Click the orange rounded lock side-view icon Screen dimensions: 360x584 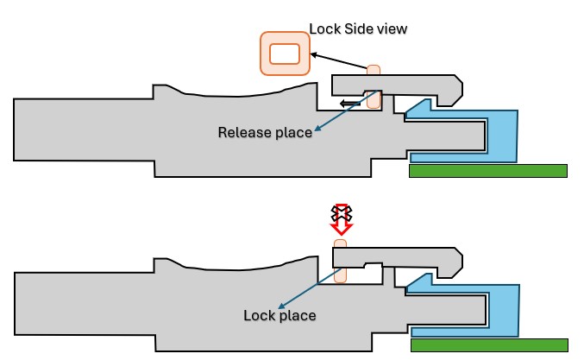click(285, 54)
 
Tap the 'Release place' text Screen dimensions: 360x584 click(264, 132)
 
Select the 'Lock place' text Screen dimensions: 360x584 click(279, 315)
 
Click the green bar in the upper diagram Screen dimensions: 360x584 click(487, 171)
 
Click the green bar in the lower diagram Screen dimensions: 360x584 click(489, 345)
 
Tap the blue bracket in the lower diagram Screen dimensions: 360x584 click(505, 311)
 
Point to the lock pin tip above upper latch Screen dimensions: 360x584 click(374, 69)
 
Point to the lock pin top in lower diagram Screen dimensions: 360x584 click(340, 244)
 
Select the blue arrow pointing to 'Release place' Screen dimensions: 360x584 click(342, 115)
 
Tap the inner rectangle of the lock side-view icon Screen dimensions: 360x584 click(285, 54)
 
